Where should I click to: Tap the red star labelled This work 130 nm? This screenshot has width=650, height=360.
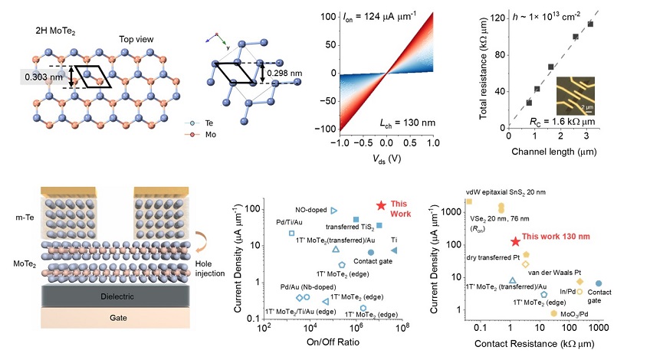click(x=516, y=241)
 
